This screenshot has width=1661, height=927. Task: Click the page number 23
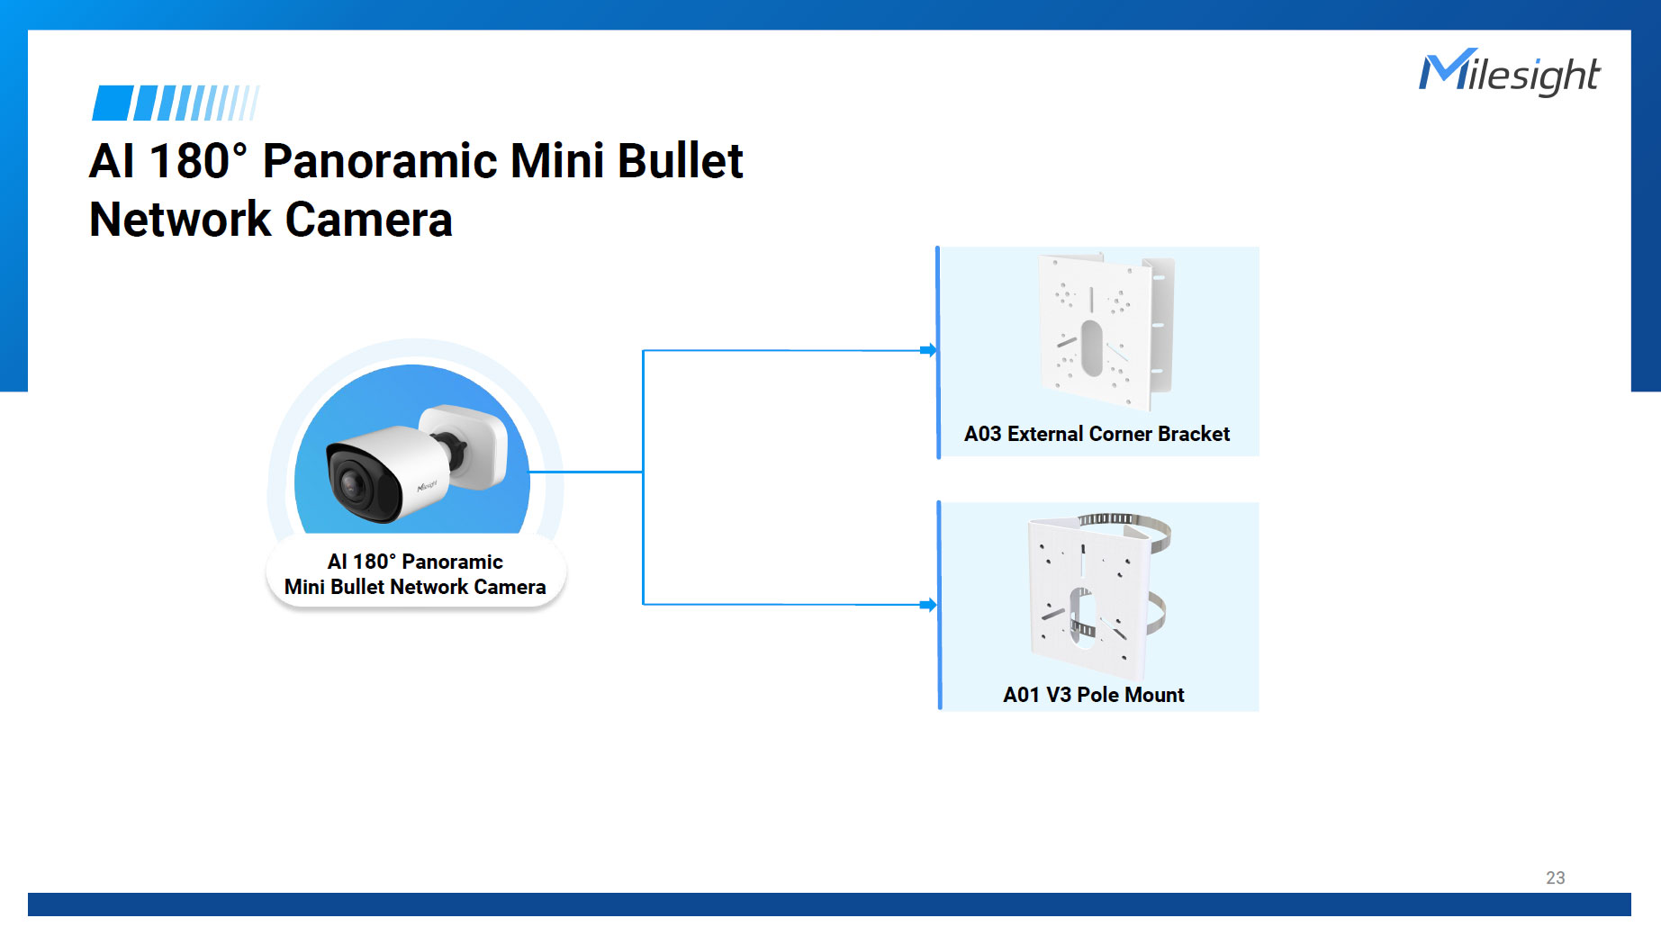pos(1555,877)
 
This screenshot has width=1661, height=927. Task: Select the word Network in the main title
pos(180,220)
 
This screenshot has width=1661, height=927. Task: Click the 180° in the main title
pos(197,162)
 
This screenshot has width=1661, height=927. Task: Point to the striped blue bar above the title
pos(176,103)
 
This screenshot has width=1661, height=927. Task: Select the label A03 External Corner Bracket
pos(1096,434)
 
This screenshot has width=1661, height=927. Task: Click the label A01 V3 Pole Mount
pos(1093,695)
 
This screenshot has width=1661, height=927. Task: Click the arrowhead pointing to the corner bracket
pos(928,350)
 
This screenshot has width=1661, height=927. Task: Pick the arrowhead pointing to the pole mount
pos(928,605)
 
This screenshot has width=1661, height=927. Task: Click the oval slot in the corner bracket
pos(1091,348)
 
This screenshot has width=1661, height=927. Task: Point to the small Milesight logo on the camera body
pos(427,486)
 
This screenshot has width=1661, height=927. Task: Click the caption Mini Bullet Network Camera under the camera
pos(415,587)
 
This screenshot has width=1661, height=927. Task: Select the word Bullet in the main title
pos(680,162)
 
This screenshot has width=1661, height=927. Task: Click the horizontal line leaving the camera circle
pos(585,472)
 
